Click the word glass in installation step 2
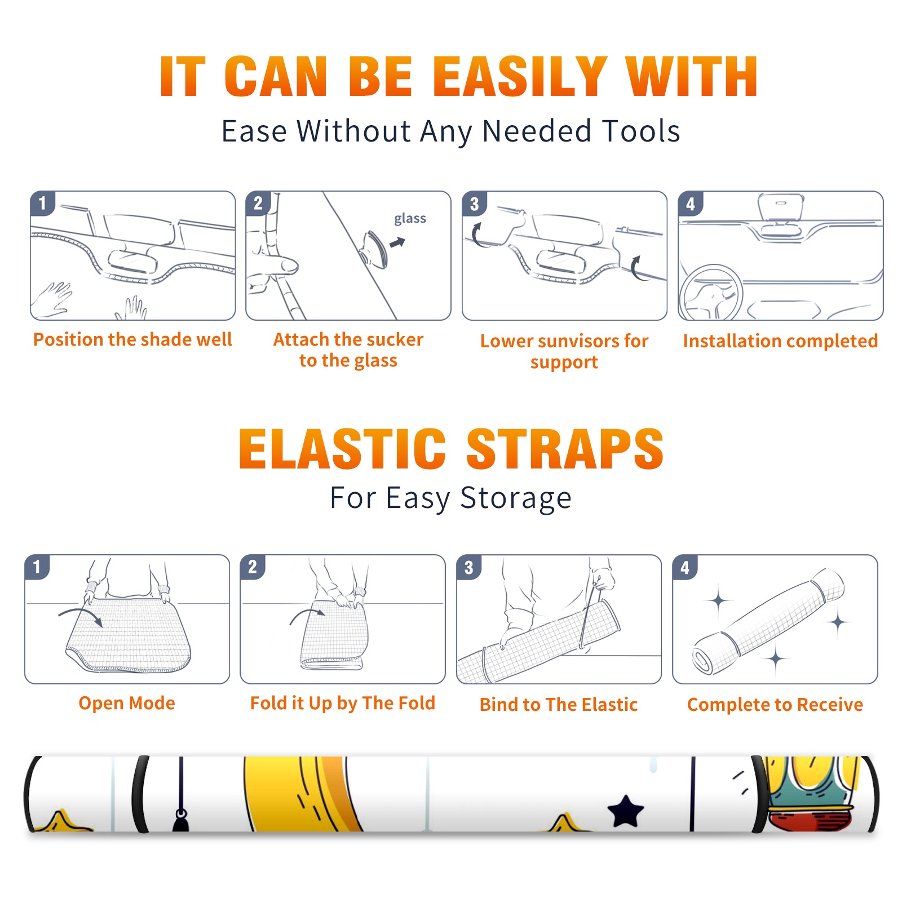coord(410,219)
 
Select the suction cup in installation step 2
coord(374,249)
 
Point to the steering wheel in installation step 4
coord(711,293)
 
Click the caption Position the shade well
coord(132,339)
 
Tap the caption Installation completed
coord(780,341)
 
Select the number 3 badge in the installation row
coord(474,204)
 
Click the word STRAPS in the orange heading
coord(565,449)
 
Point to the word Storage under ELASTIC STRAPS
coord(516,498)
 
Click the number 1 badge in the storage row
coord(37,567)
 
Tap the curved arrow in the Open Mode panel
coord(80,615)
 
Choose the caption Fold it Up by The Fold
coord(343,704)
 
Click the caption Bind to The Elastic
coord(559,705)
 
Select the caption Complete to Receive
coord(775,705)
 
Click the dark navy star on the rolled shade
coord(626,811)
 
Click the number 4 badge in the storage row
coord(685,567)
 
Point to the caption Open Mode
coord(127,703)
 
